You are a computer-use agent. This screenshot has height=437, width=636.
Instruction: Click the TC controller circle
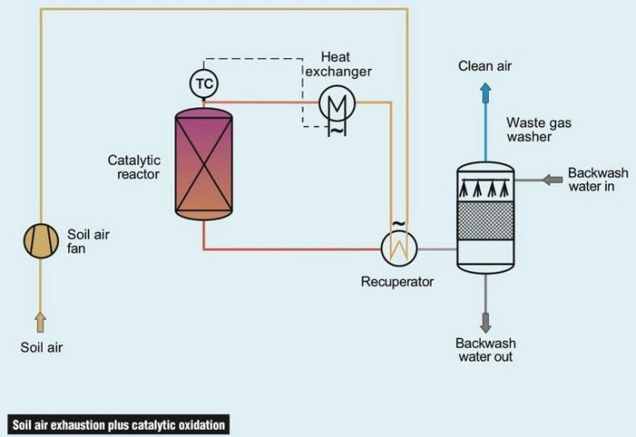click(204, 84)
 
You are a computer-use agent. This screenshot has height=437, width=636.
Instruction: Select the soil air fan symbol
click(40, 241)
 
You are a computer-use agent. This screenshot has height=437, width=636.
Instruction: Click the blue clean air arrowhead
click(485, 90)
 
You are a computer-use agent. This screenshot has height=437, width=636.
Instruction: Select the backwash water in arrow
click(551, 181)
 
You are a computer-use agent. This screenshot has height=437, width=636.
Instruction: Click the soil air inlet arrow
click(40, 320)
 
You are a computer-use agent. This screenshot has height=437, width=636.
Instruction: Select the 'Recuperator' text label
click(397, 282)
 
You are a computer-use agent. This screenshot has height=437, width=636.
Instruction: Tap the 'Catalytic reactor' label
click(134, 167)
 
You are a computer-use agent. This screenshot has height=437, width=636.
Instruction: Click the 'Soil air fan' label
click(88, 241)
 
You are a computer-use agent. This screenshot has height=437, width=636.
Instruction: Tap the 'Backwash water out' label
click(485, 350)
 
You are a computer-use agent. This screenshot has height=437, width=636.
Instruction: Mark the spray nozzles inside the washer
click(485, 190)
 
